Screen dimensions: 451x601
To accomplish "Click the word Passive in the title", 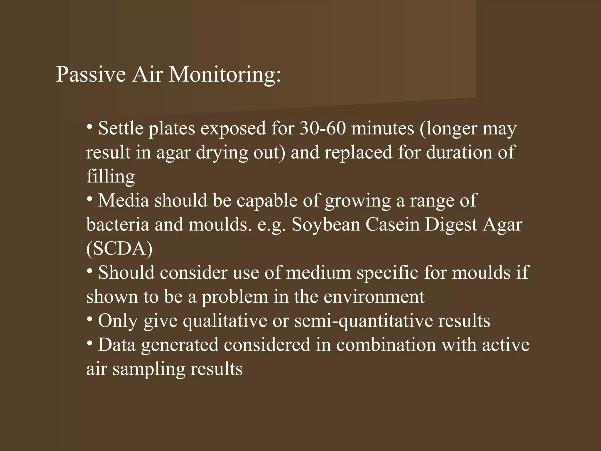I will (91, 74).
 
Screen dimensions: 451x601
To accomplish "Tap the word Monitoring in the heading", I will (225, 74).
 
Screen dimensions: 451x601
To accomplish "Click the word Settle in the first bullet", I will (121, 128).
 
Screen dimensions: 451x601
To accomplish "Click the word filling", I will (111, 176).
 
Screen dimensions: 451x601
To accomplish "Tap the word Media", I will (124, 201).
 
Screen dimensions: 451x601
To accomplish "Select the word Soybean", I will (326, 225).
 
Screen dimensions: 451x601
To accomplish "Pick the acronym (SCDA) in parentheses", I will (119, 249).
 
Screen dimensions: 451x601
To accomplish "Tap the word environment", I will (374, 297).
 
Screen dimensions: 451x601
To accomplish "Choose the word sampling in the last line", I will (149, 369).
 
